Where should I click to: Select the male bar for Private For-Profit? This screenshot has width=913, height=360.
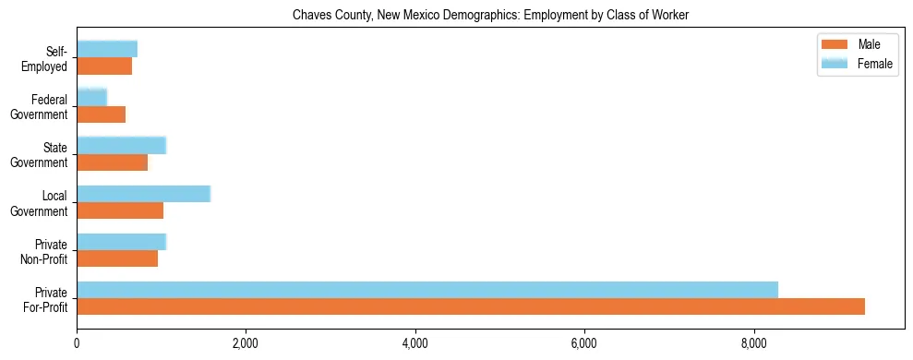click(471, 306)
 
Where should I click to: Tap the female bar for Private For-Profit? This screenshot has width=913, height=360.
click(427, 289)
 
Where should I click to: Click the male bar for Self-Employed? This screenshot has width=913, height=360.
click(104, 66)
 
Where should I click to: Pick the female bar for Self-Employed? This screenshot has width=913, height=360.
click(107, 49)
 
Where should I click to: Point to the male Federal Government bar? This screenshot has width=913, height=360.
click(101, 114)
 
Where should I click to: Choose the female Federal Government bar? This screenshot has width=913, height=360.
click(91, 97)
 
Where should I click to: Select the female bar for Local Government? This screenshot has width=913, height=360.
click(143, 193)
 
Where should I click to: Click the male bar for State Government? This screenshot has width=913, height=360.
click(112, 162)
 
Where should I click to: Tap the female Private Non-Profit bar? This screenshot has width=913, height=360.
click(121, 241)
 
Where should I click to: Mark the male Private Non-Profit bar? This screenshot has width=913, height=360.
click(117, 258)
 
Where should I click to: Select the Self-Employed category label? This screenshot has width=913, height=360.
click(45, 59)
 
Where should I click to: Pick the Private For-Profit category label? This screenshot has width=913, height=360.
click(45, 300)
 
